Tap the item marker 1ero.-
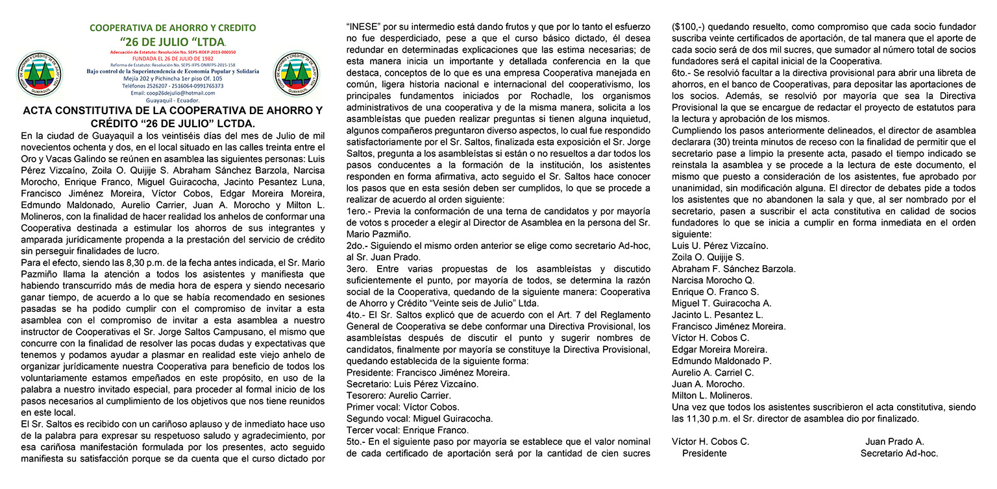pos(358,211)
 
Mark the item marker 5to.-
pos(358,442)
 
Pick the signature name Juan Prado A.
pos(894,442)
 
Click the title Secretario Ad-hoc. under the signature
pos(899,453)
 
